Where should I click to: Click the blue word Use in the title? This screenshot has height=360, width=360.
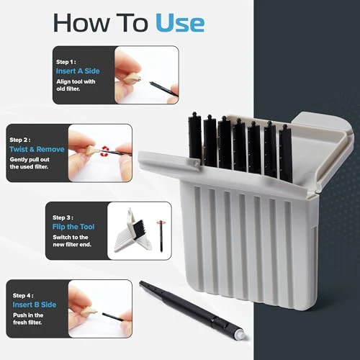[180, 23]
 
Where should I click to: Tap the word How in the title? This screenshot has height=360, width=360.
[81, 23]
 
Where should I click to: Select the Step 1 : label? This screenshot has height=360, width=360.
[66, 62]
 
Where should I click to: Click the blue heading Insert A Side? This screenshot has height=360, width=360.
[78, 71]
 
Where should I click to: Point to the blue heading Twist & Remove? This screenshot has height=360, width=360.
[37, 149]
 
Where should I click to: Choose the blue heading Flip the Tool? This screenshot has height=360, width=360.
[73, 227]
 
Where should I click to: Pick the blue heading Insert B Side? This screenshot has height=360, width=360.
[35, 305]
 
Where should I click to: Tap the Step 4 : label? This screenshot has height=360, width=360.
[23, 295]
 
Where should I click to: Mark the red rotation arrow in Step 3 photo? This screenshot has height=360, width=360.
[161, 222]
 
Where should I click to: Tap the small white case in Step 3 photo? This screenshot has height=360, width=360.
[132, 231]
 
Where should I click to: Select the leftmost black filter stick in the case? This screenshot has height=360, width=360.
[195, 135]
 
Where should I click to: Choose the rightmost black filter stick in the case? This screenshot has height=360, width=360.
[285, 153]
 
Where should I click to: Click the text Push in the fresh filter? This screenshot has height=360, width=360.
[28, 319]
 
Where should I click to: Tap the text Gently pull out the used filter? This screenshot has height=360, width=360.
[30, 163]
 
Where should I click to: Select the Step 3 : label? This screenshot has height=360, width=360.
[63, 217]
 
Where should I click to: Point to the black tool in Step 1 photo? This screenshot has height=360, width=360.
[163, 89]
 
